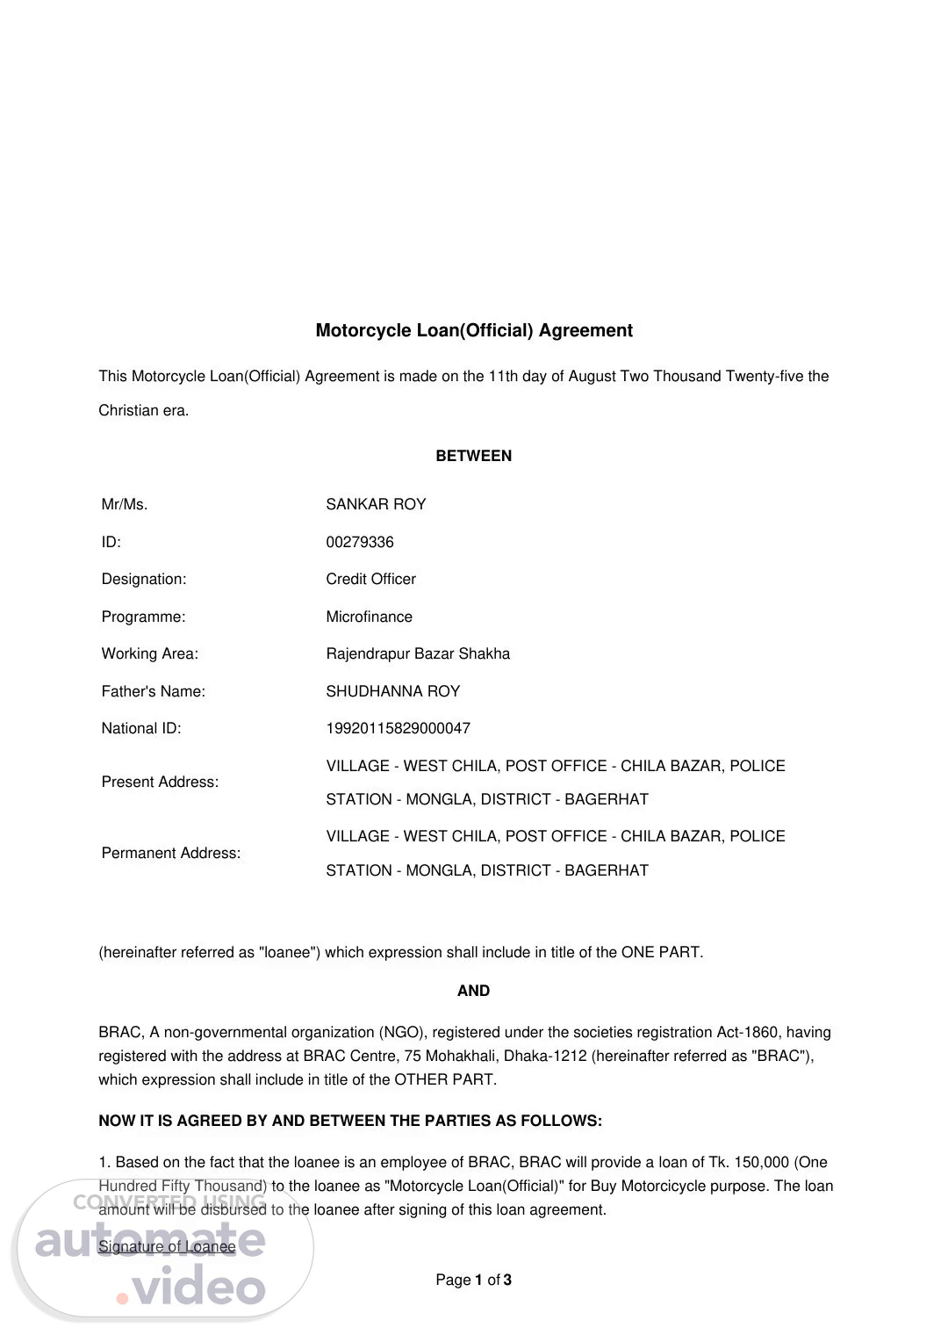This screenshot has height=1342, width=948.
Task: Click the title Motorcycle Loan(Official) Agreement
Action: pos(474,330)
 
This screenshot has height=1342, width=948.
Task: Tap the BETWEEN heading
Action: pos(474,456)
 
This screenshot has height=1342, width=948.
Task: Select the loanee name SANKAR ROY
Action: pos(376,504)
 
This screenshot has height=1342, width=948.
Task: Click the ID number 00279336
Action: pos(360,542)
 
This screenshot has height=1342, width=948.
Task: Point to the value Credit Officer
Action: pos(370,579)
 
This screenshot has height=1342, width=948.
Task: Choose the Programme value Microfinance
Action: pos(369,617)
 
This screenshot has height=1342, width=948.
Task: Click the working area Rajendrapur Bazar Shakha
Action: pos(418,653)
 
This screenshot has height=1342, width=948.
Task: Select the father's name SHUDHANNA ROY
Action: pos(392,691)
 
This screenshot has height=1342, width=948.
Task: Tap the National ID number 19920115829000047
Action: pos(398,728)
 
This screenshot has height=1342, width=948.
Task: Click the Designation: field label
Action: pos(144,579)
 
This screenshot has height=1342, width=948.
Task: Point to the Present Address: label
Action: pos(160,782)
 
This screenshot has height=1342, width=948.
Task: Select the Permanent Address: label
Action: pos(171,853)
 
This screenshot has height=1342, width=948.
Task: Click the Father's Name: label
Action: pos(154,691)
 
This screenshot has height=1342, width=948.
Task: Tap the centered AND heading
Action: pos(474,991)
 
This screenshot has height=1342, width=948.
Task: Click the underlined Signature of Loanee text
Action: pos(167,1246)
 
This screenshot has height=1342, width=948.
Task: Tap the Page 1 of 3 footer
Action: pos(474,1280)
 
